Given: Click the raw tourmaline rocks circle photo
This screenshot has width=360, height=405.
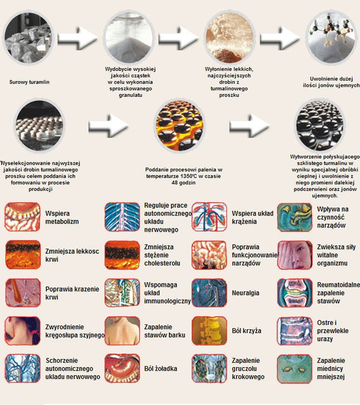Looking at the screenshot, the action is click(x=28, y=38).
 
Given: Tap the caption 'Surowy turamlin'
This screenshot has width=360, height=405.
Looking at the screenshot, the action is click(x=29, y=82).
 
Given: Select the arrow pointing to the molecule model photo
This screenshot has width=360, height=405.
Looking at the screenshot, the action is click(x=279, y=38).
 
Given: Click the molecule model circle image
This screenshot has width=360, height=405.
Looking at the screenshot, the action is click(x=332, y=38).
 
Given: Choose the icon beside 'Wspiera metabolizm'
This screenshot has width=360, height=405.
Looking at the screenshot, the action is click(x=23, y=217).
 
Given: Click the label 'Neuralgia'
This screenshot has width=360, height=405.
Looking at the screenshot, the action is click(x=245, y=293).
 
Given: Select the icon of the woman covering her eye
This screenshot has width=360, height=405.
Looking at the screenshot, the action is click(x=295, y=255).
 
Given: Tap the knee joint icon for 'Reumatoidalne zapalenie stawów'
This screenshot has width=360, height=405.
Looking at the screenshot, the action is click(x=295, y=293).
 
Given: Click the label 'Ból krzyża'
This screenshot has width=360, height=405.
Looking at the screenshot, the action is click(x=246, y=331).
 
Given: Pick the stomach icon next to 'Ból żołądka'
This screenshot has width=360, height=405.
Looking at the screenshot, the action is click(x=122, y=368).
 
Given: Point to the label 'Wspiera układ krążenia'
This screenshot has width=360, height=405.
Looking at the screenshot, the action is click(x=253, y=218).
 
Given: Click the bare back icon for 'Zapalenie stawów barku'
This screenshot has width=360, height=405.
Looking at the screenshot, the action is click(x=122, y=331).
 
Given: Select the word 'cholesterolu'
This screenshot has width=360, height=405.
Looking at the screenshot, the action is click(x=162, y=263).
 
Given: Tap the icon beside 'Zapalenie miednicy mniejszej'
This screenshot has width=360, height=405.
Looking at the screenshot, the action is click(x=295, y=368).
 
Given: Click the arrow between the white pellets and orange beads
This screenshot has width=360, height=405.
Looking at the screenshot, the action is click(x=108, y=125).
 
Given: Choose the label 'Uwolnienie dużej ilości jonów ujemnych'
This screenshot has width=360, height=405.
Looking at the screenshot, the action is click(x=331, y=82).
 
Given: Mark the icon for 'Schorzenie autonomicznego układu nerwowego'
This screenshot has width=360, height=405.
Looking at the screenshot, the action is click(x=23, y=368).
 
